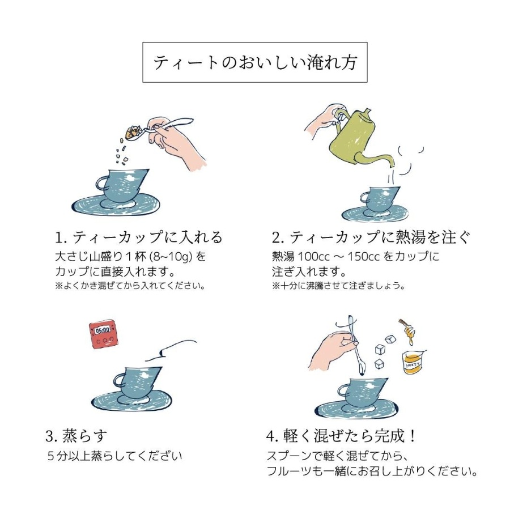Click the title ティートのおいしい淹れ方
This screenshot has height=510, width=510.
click(255, 62)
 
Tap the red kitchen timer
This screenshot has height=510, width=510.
click(104, 334)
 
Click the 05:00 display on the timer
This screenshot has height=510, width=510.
click(103, 330)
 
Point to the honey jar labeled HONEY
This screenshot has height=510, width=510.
click(414, 362)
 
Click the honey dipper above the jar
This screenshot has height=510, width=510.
click(408, 331)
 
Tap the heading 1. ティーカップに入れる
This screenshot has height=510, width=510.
click(139, 237)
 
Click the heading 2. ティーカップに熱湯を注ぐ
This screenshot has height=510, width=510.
click(371, 237)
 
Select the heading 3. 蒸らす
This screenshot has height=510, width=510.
click(76, 436)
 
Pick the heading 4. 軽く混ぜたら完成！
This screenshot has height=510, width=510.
click(341, 436)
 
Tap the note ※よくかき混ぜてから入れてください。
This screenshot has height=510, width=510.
click(130, 286)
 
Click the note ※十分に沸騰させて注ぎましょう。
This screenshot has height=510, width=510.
click(338, 286)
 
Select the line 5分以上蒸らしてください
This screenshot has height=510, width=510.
click(114, 456)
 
